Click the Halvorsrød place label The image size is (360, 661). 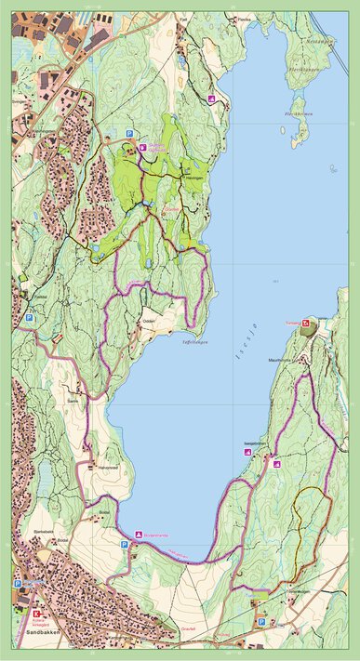coord(110,467)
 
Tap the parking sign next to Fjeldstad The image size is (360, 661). coord(29,318)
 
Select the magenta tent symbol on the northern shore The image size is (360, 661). coord(212,99)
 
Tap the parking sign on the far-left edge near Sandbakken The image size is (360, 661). coord(17,584)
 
